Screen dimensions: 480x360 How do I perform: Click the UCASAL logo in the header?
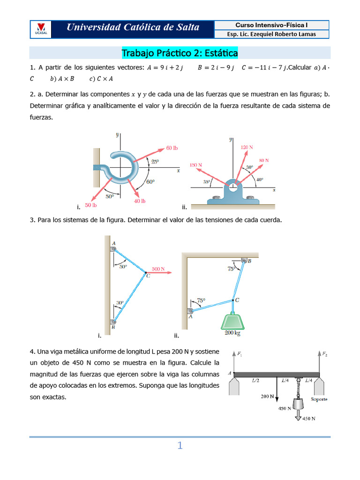point(40,29)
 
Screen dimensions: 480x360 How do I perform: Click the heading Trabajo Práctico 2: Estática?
point(180,53)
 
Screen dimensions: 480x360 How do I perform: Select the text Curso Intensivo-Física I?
point(271,25)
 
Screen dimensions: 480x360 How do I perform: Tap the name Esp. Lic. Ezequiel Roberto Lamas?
point(271,34)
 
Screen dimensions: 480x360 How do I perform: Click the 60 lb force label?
point(172,148)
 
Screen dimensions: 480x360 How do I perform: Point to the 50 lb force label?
point(91,205)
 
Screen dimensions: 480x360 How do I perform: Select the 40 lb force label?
point(140,201)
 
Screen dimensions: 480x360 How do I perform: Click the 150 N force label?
point(196,165)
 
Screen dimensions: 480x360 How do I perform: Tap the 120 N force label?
point(247,147)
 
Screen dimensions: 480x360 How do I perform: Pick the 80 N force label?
point(264,160)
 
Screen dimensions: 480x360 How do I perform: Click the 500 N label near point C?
point(158,269)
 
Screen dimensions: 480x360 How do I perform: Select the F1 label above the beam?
point(240,353)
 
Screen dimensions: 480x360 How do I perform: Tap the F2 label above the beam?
point(325,353)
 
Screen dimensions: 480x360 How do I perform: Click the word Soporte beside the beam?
point(318,399)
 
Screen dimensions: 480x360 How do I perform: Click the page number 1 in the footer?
point(180,446)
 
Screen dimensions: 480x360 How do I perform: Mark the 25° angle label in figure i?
point(154,161)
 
